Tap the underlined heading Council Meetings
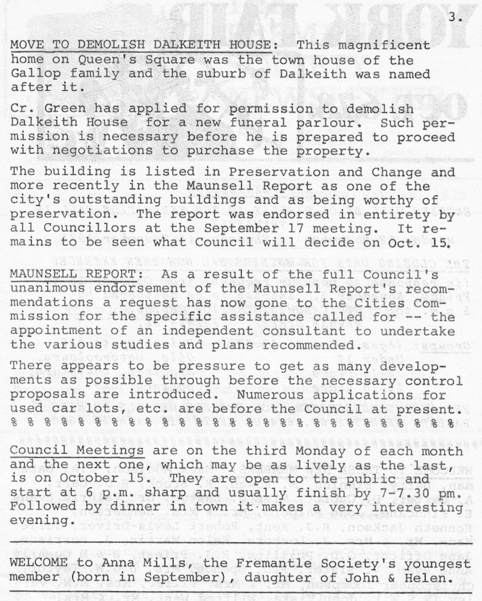coord(77,451)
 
